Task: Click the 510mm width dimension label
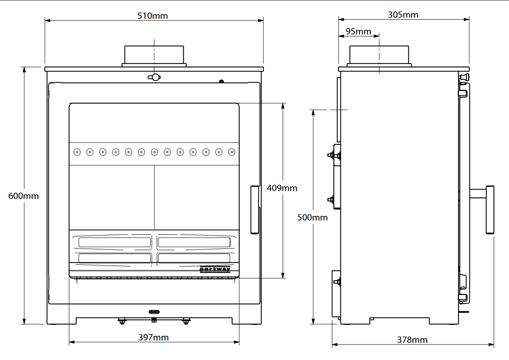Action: pos(152,16)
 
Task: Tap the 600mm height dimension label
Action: pos(23,195)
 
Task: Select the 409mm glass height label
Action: pos(282,188)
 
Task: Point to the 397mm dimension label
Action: pos(153,337)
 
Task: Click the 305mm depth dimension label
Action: pos(403,15)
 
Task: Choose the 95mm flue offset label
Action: pos(358,31)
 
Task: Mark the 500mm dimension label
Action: pos(313,218)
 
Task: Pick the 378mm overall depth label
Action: pos(412,340)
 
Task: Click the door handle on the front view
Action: pos(255,210)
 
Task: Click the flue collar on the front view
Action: pos(154,55)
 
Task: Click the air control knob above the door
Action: pos(154,77)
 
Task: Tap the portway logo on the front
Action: pos(215,269)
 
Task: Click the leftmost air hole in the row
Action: pos(77,152)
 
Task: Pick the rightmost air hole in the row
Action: pos(232,152)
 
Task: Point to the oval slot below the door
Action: pos(154,312)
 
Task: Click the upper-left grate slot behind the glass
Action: pos(115,242)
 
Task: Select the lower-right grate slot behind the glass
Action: pos(194,258)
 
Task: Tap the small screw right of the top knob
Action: pos(221,81)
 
